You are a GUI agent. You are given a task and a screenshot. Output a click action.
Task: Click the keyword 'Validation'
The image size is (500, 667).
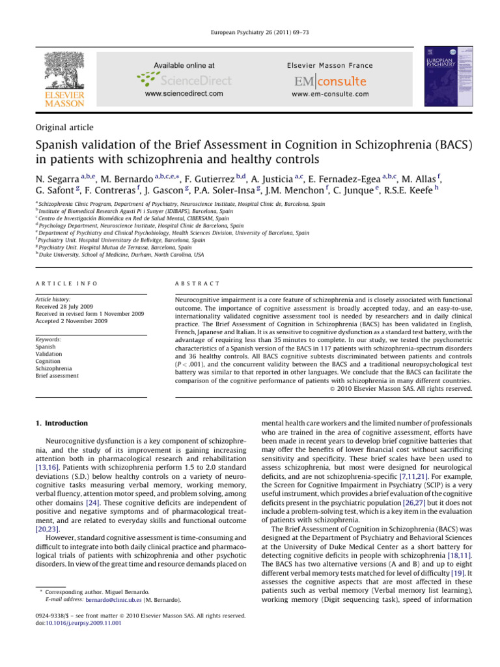(x=49, y=353)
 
